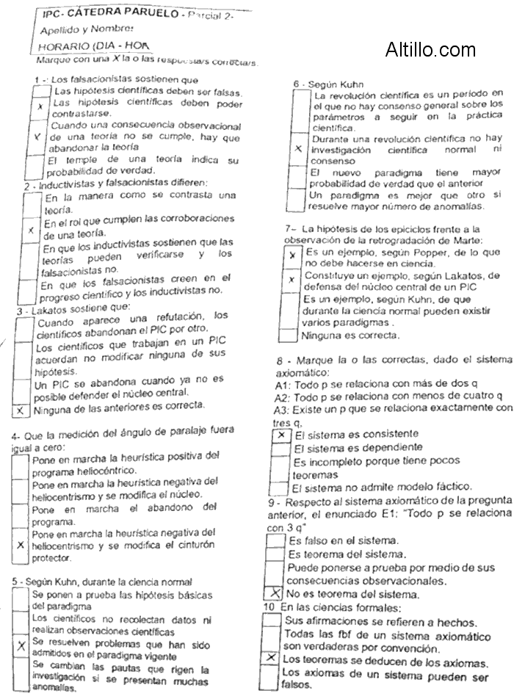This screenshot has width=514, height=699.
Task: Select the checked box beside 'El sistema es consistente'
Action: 280,435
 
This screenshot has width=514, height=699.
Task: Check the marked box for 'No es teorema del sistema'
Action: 272,593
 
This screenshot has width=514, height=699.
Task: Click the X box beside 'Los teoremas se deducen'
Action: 271,659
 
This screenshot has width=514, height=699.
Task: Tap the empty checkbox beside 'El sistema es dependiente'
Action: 280,447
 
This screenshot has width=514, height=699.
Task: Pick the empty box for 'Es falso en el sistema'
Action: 275,540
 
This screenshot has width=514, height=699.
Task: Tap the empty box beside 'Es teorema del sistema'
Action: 275,554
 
